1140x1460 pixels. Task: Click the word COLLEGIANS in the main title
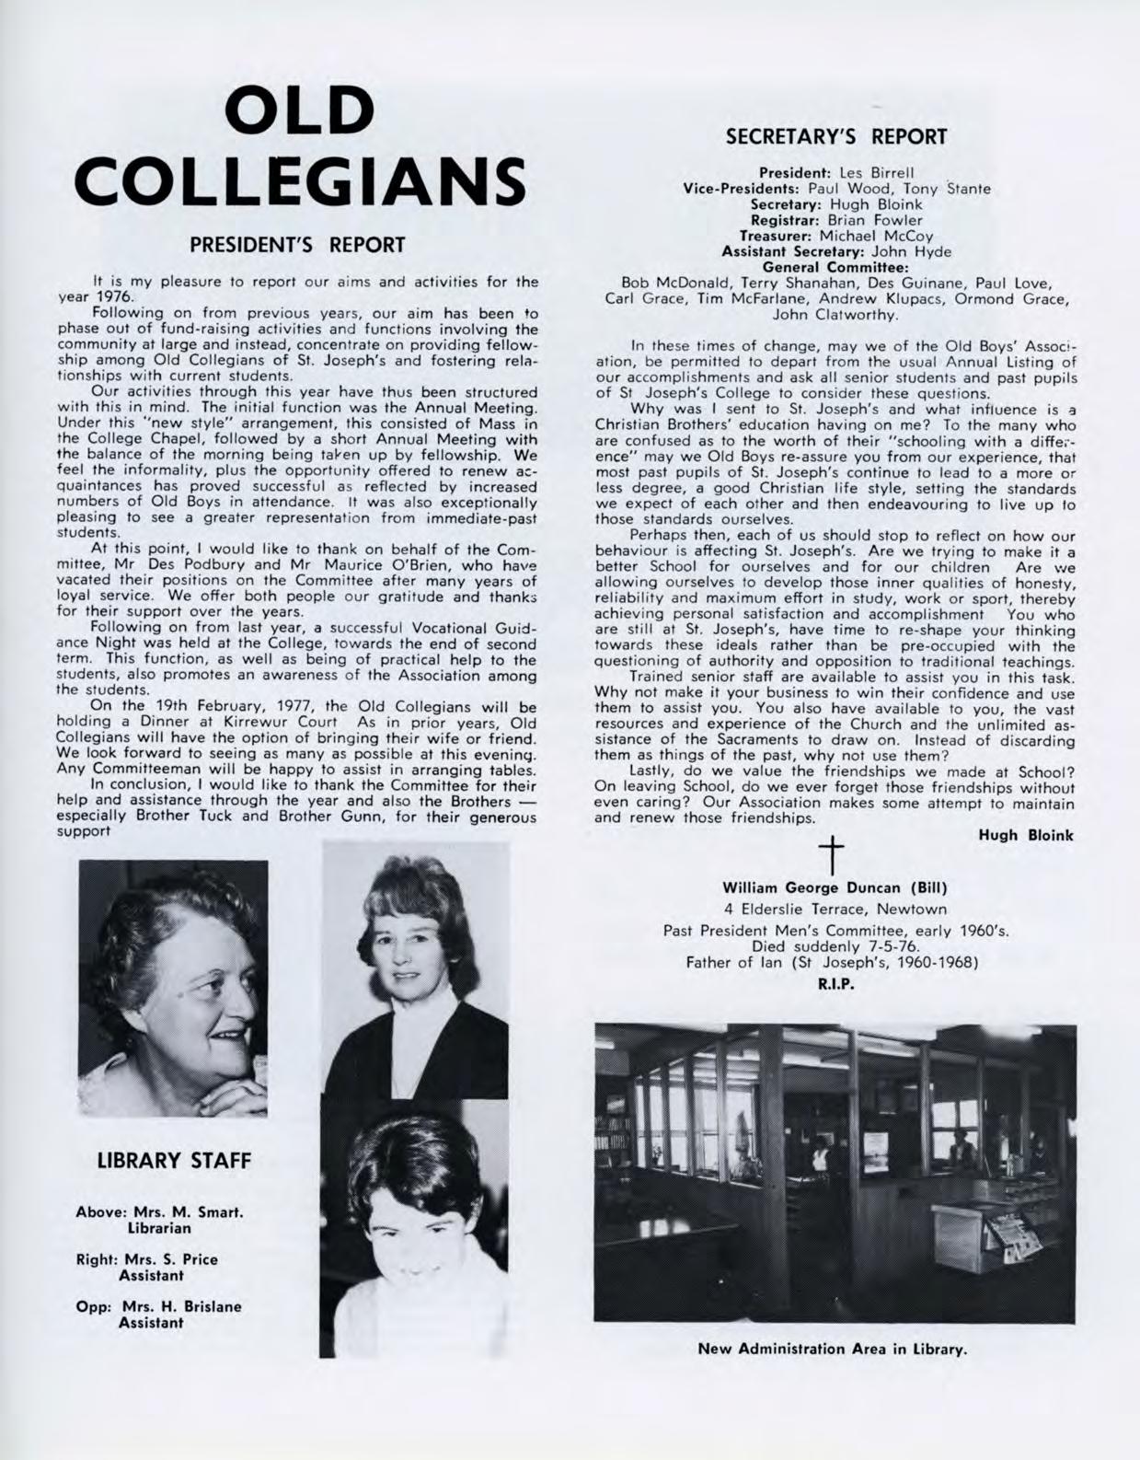point(303,182)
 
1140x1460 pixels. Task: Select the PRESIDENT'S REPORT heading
point(297,245)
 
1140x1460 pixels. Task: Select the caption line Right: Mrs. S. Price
point(147,1259)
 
